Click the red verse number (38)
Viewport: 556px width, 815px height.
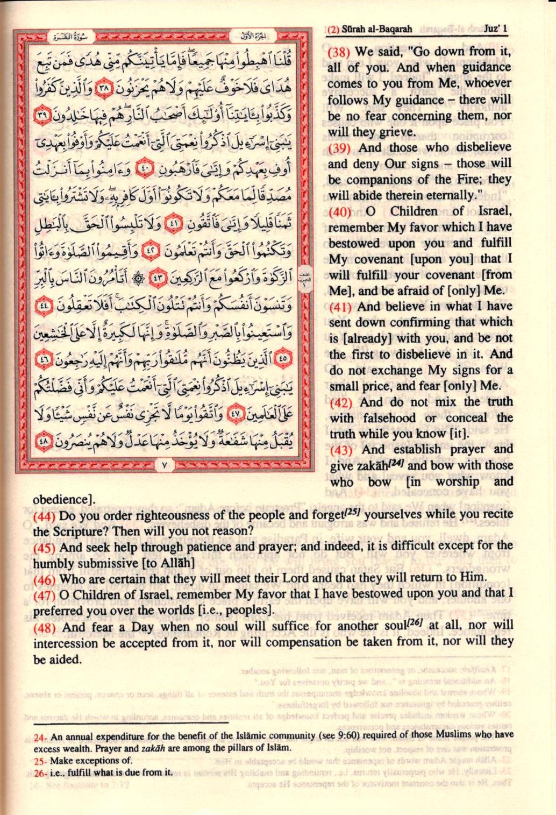click(x=339, y=52)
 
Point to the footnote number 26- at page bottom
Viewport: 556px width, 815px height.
click(x=40, y=773)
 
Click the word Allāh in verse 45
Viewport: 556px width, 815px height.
click(x=177, y=563)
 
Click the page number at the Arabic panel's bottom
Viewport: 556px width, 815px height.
click(x=165, y=463)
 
